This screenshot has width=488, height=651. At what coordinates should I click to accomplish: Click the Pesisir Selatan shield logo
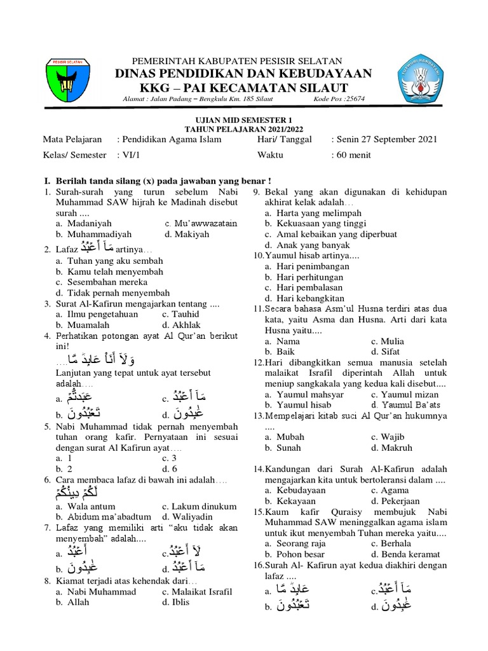coord(69,80)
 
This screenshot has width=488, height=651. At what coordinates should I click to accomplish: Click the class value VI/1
coord(127,155)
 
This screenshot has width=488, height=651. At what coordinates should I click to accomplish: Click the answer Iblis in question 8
coord(180,602)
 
